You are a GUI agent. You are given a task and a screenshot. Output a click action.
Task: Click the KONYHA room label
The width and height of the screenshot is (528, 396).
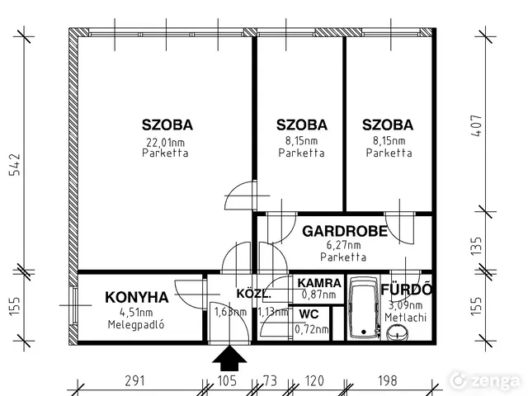coord(137,297)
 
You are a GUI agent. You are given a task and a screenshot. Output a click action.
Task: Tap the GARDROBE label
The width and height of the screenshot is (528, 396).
coord(345,231)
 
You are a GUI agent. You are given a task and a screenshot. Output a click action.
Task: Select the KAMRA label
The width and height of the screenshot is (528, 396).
coord(319,283)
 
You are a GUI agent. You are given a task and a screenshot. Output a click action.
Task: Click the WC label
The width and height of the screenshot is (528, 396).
coord(309,314)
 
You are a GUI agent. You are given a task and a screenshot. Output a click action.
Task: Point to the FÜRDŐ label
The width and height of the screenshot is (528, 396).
coord(406,290)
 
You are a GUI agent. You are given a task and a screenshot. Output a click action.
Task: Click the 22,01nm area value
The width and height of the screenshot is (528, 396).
coord(165,143)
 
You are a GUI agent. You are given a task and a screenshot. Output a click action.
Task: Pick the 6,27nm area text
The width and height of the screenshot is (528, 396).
coord(343,245)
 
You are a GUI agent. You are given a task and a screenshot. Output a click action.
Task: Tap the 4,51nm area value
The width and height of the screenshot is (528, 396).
coord(136,312)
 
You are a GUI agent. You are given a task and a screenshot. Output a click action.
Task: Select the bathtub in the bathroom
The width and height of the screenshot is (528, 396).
coord(364,308)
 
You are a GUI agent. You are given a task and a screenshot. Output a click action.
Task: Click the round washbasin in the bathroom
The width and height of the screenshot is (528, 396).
coord(398,332)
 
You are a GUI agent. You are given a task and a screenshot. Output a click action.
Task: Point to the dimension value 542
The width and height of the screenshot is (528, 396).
coord(15,165)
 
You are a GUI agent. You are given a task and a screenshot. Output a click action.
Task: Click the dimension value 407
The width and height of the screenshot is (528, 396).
coord(476,126)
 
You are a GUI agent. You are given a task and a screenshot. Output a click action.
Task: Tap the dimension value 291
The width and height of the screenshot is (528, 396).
coord(135,381)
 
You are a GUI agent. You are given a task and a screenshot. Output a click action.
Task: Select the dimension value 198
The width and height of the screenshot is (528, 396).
coord(388,381)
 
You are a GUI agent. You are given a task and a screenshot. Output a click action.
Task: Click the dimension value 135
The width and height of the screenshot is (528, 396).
coord(476,246)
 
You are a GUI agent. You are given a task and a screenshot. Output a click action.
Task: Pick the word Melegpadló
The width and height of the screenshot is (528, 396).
coord(136,324)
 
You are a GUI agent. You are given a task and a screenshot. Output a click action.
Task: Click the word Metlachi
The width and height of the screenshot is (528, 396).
coord(405,318)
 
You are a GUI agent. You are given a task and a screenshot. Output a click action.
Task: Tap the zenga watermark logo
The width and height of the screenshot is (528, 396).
coord(485,381)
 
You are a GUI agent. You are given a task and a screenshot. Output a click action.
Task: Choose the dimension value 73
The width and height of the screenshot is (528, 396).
coord(271,381)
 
